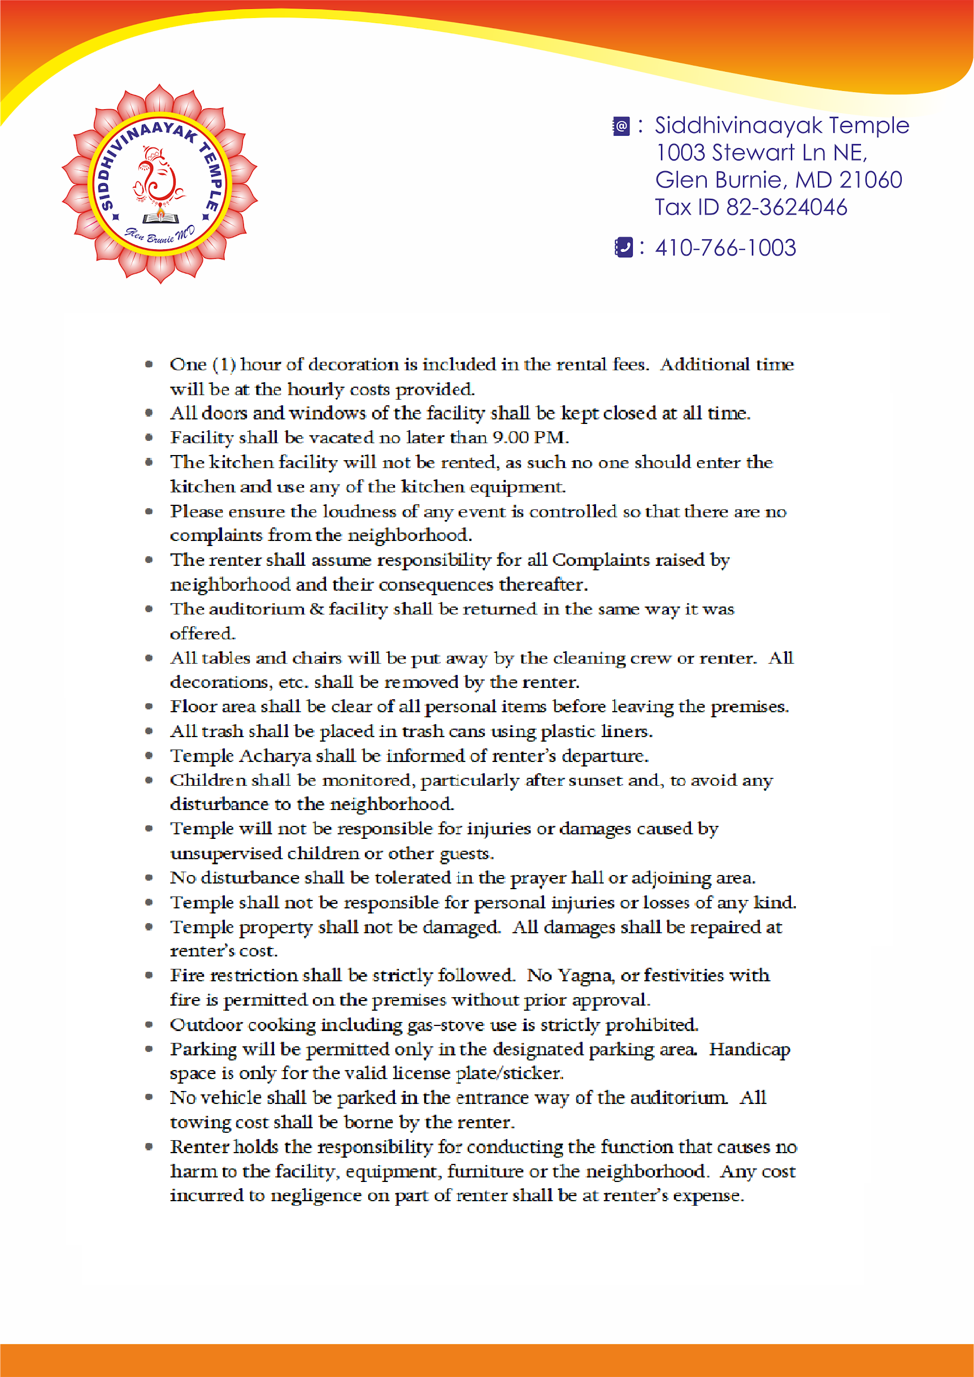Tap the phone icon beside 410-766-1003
(624, 247)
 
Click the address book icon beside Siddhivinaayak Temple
(621, 126)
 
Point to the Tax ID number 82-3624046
(786, 207)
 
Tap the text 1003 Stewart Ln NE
(760, 153)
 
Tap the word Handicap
(749, 1049)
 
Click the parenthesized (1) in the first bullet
(224, 364)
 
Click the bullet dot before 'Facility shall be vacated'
(149, 438)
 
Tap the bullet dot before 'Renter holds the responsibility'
(149, 1146)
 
